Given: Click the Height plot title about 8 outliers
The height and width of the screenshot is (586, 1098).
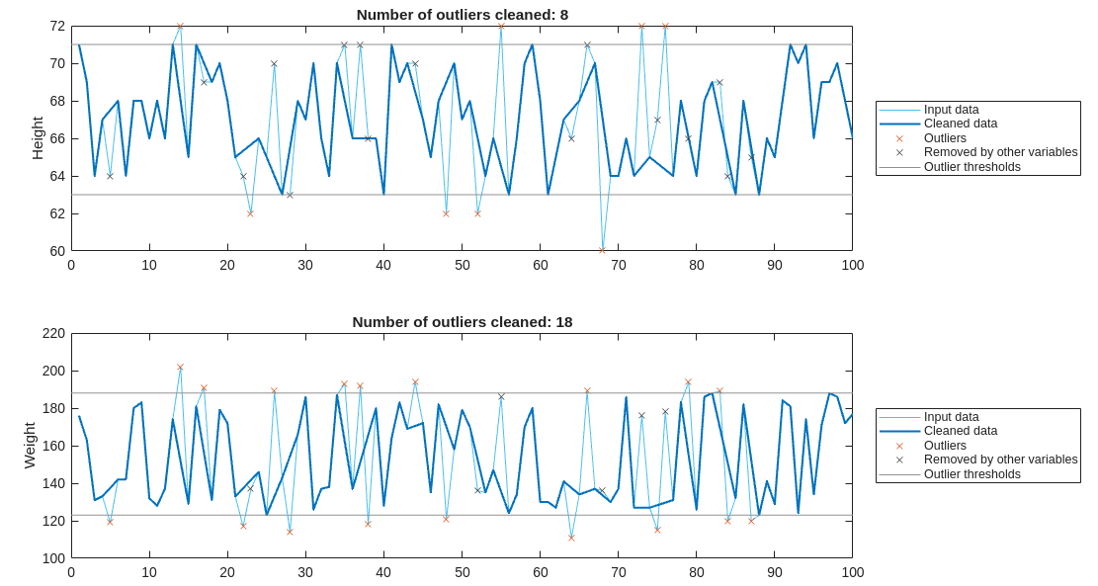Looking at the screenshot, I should [462, 15].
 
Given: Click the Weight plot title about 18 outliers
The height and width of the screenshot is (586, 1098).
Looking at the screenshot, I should [462, 322].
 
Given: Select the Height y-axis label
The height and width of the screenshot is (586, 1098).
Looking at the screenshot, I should [38, 138].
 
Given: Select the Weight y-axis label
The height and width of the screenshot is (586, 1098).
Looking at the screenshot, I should [30, 446].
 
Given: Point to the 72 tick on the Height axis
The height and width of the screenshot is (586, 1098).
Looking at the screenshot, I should [57, 27].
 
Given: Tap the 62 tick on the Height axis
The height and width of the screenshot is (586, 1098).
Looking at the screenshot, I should [57, 213].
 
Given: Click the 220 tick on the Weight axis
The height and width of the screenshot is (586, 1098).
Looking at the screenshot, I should [53, 334].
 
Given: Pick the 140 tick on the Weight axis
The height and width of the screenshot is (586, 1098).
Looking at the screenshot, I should [53, 483].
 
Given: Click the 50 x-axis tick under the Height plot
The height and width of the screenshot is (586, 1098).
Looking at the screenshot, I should [462, 265].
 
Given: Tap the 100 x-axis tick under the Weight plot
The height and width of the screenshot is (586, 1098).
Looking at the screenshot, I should [852, 572].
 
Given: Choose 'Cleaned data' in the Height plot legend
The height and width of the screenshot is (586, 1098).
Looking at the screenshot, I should [960, 124].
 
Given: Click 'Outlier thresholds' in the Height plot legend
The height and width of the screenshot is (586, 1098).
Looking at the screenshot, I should [971, 167].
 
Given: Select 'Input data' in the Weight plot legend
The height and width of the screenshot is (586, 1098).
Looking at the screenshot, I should [951, 417].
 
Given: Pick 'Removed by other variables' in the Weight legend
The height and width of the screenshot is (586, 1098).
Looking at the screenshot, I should [1000, 460].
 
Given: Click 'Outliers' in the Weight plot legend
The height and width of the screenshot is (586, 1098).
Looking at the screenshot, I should [945, 446].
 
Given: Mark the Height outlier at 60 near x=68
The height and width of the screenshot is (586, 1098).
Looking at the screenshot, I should [602, 250].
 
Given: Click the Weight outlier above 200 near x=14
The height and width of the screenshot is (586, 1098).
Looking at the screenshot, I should [180, 367].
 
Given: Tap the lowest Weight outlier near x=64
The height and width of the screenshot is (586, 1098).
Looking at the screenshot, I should [571, 538].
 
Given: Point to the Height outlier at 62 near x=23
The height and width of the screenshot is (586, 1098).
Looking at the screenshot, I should [250, 213].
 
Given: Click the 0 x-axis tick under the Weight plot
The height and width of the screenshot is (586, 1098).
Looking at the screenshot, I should [71, 572].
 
